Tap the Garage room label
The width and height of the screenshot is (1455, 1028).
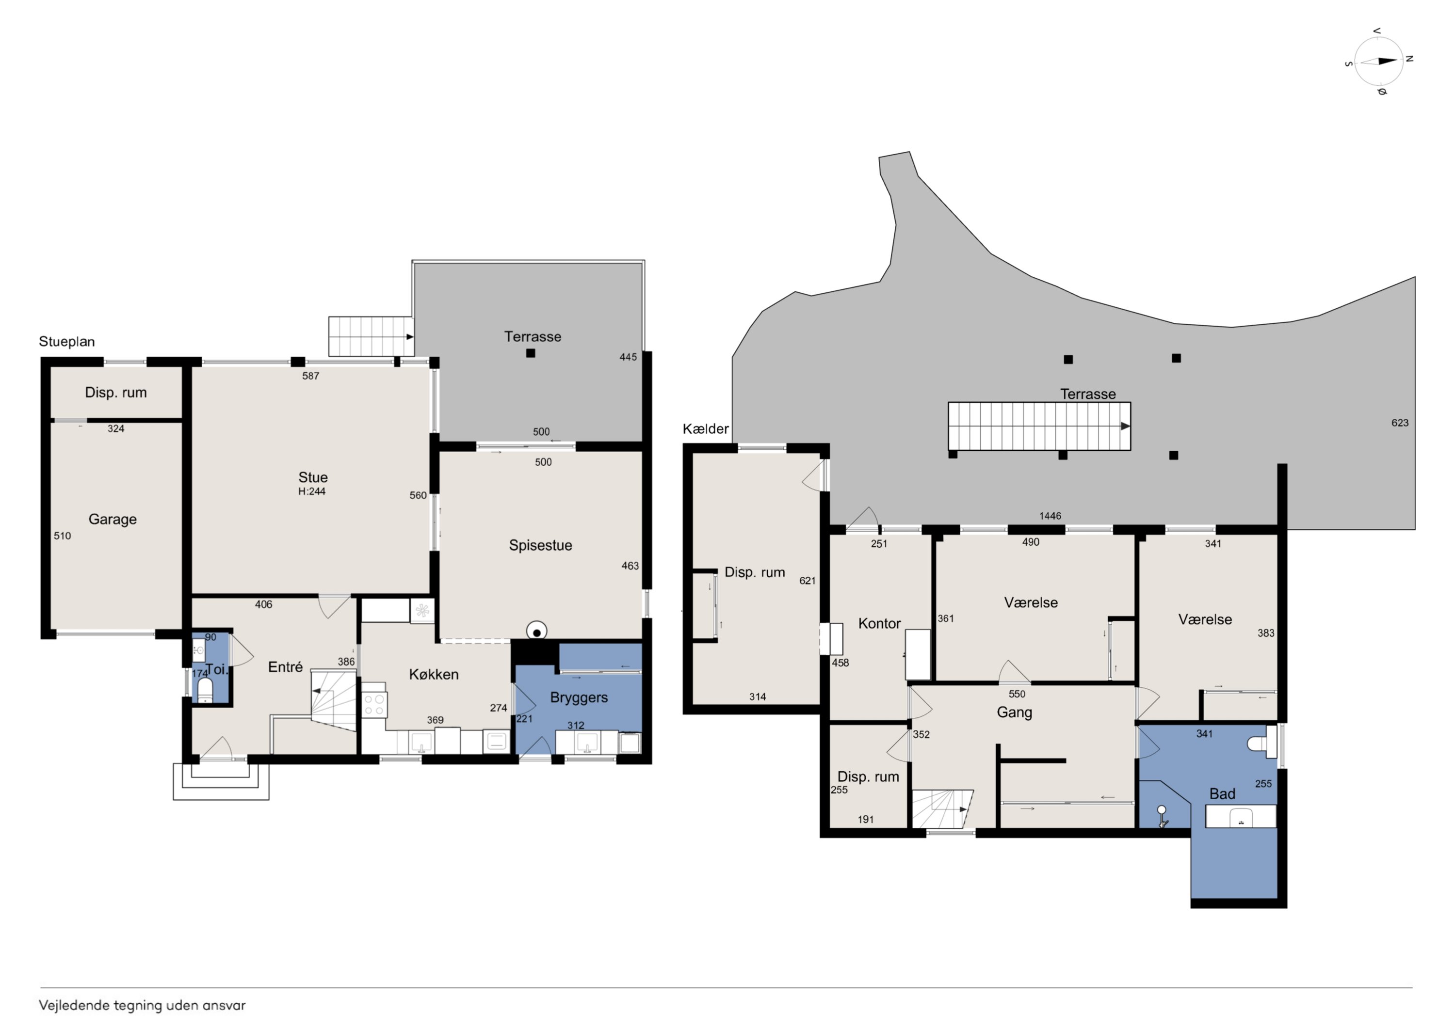point(113,520)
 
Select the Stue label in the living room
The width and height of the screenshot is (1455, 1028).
point(313,477)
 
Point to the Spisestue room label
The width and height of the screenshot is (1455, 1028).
point(541,545)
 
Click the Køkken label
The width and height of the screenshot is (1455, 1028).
point(434,675)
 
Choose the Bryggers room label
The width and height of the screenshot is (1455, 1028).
point(579,698)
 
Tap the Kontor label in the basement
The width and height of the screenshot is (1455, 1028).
point(880,623)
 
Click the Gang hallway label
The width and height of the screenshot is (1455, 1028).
point(1015,712)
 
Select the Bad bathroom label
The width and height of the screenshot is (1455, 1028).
point(1222,793)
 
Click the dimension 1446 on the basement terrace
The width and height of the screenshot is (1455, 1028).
point(1050,516)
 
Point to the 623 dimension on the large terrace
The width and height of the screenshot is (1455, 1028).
point(1400,423)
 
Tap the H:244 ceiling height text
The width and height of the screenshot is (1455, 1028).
point(312,491)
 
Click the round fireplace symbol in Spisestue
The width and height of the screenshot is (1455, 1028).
point(537,631)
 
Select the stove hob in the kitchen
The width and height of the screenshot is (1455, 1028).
point(374,706)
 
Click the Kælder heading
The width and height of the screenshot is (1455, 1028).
point(705,429)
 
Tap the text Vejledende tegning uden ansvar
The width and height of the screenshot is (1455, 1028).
point(142,1005)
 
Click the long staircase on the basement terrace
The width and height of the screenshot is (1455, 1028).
point(1039,427)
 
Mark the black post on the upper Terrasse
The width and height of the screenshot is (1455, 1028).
point(531,353)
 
